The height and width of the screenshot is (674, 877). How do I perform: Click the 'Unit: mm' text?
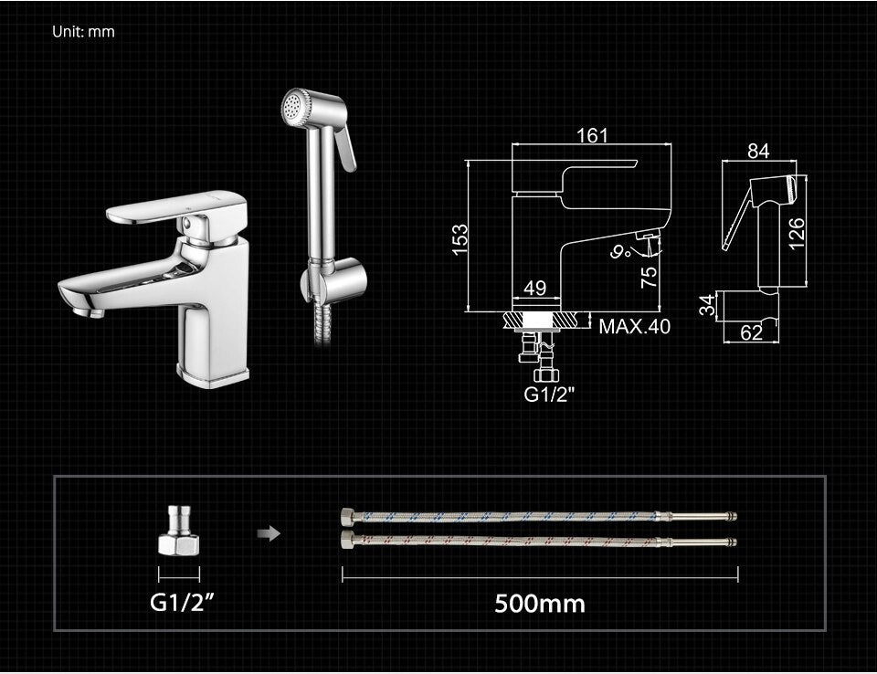83,32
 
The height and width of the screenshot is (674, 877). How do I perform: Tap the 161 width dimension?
592,135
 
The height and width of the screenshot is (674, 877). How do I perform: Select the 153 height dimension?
460,239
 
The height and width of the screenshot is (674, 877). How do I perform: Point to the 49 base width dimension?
534,288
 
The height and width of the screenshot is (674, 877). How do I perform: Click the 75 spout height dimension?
649,278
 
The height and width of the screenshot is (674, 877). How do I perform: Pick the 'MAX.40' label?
634,326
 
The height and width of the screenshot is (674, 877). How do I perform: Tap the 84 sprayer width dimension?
758,151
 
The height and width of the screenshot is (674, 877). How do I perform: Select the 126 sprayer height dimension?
796,233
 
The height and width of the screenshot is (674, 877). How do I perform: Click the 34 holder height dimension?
707,305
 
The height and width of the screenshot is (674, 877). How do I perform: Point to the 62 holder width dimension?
751,332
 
